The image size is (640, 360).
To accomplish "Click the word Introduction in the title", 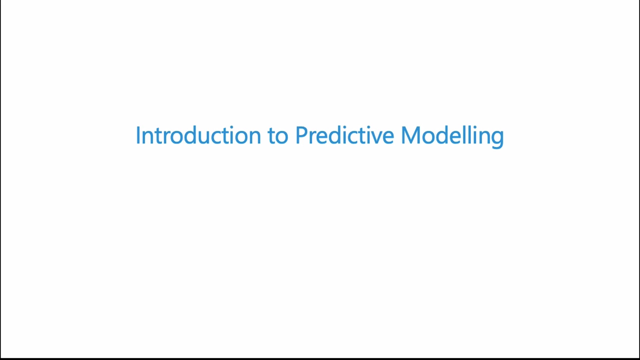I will coord(198,135).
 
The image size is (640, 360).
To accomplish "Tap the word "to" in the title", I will coord(278,136).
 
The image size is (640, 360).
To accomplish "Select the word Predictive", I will coord(345,135).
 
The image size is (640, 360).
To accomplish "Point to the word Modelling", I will coord(452,136).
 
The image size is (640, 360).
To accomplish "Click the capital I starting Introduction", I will coord(138,135).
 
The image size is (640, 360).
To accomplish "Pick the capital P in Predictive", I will coord(301,135).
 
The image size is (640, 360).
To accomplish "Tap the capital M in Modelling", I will coord(410,135).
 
